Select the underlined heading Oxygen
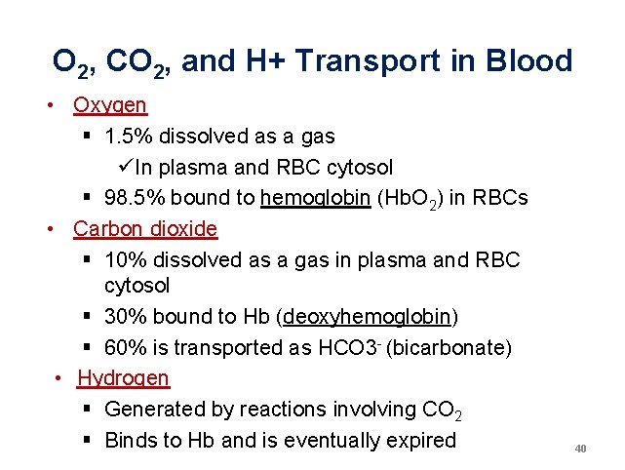(x=110, y=104)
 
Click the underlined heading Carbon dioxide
(x=145, y=229)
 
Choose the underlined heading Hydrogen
(x=123, y=377)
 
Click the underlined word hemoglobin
(x=315, y=198)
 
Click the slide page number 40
(x=581, y=449)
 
